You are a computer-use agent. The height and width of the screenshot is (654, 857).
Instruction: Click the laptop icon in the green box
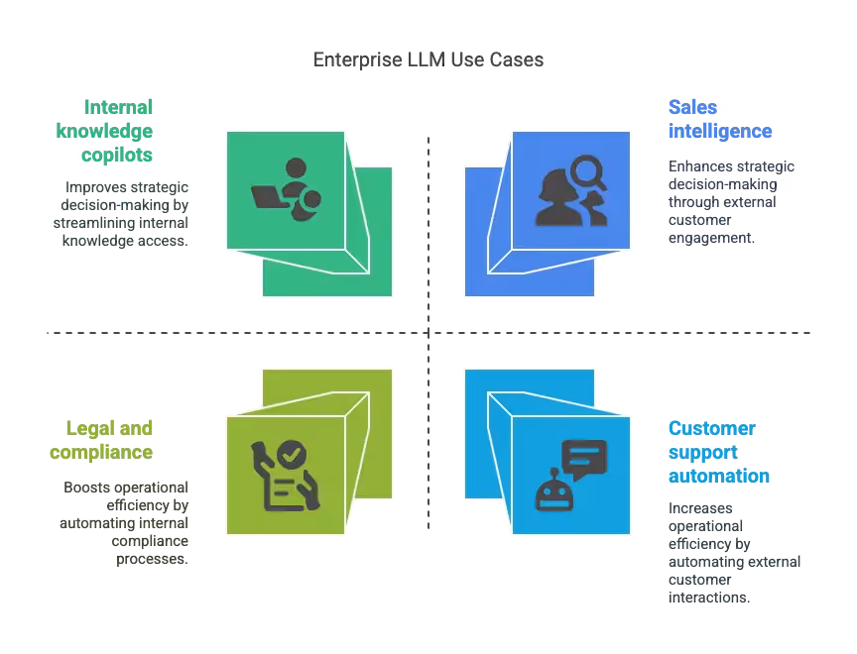coord(269,196)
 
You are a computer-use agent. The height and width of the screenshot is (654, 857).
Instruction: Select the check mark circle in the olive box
coord(291,455)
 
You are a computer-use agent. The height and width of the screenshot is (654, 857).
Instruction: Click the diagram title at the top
coord(428,61)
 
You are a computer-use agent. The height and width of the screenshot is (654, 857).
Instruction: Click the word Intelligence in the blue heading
coord(720,131)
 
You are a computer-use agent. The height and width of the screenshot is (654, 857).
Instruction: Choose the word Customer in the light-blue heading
coord(711,428)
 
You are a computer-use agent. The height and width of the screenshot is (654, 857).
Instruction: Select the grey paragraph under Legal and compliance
coord(123,522)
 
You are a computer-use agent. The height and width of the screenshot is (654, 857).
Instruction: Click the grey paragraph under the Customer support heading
coord(729,553)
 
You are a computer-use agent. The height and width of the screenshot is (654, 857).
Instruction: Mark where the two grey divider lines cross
coord(428,333)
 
